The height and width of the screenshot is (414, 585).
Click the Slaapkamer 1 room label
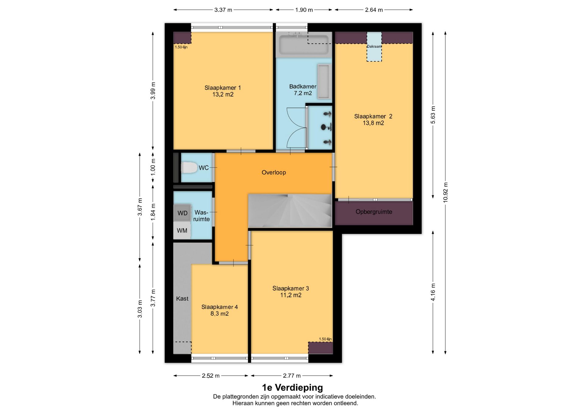coord(223,91)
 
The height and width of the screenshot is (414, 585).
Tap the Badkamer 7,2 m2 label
coord(303,90)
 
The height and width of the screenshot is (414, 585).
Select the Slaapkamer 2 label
coord(373,120)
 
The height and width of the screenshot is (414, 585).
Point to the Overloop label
coord(274,172)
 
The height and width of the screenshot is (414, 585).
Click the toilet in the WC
coord(189,167)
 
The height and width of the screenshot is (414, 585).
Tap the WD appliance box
coord(182,213)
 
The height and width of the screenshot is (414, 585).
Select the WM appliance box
coord(182,230)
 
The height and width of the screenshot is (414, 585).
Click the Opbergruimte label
coord(374,212)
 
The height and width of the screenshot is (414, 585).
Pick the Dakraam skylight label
coord(374,46)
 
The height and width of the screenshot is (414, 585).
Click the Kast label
coord(182,298)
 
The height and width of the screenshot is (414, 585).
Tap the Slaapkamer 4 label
coord(220,310)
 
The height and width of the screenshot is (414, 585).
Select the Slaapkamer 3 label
coord(291,291)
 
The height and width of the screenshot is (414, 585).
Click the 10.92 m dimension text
coord(445,192)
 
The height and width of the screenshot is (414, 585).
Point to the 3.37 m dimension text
coord(223,10)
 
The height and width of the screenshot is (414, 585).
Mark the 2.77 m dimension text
coord(292,376)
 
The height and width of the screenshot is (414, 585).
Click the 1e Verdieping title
coord(292,387)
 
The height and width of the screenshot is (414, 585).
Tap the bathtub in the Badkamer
coord(304,45)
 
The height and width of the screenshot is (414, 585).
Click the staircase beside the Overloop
coord(290,210)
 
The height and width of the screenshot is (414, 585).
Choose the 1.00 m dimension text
coord(153,167)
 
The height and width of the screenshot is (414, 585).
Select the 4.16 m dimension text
coord(433,292)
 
